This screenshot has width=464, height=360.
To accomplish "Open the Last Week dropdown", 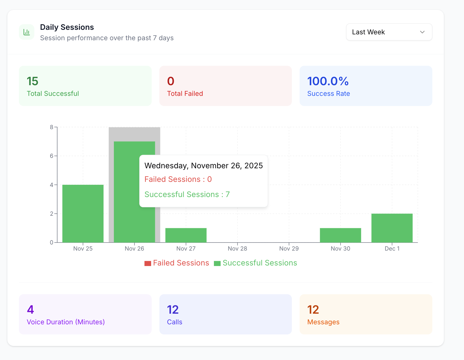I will [x=389, y=32].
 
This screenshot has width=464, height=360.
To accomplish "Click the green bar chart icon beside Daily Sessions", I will [x=27, y=32].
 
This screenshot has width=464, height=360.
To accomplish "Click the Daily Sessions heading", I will [x=67, y=27].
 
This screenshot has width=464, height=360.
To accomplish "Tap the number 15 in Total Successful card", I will [x=32, y=81].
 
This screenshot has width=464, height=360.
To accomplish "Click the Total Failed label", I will [x=185, y=94].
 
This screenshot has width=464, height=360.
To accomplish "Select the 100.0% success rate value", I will [x=328, y=81].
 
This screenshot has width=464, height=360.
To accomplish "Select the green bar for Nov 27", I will [x=186, y=235].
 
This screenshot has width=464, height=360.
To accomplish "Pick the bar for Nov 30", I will [x=340, y=235].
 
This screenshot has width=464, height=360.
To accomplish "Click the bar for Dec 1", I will [x=392, y=228].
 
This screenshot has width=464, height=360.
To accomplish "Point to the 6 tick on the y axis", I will [x=52, y=156].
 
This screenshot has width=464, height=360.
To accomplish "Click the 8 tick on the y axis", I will [x=52, y=127].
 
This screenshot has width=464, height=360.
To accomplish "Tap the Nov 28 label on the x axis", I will [x=237, y=249].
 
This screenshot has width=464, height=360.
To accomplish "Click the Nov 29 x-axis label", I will [x=289, y=249].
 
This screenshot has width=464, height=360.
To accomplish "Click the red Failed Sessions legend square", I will [x=148, y=263].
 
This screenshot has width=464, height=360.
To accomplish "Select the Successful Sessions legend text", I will [x=260, y=263].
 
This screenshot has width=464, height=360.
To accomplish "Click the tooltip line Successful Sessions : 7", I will [x=187, y=194].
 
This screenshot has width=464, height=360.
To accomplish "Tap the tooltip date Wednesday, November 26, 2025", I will [x=204, y=166].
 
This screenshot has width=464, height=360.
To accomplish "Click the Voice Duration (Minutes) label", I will [x=66, y=322].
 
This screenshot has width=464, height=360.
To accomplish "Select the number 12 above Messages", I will [x=313, y=310].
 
